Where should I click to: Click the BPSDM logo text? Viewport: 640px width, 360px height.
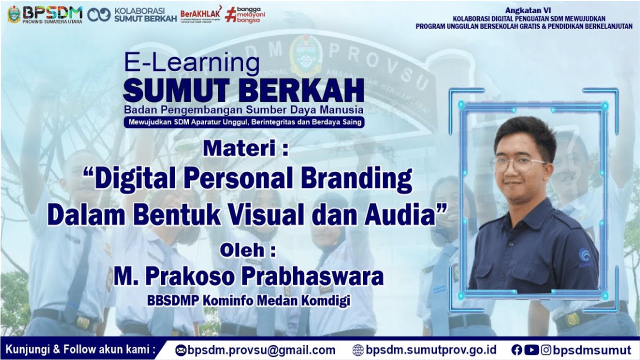52,11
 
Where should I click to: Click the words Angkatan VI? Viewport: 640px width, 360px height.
523,9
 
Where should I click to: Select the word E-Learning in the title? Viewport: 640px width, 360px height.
192,63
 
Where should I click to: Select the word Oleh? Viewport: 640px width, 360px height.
243,249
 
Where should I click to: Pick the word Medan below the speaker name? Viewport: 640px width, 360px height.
278,301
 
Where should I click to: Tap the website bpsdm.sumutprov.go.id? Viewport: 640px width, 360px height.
431,350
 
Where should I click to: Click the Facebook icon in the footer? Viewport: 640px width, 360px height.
516,350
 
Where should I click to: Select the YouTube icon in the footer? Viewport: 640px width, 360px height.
531,350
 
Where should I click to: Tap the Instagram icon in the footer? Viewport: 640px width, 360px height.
546,350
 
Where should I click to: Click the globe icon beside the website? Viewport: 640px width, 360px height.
358,350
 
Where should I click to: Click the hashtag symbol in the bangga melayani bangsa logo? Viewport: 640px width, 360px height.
230,14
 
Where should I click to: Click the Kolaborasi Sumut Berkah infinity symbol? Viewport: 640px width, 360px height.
99,14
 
